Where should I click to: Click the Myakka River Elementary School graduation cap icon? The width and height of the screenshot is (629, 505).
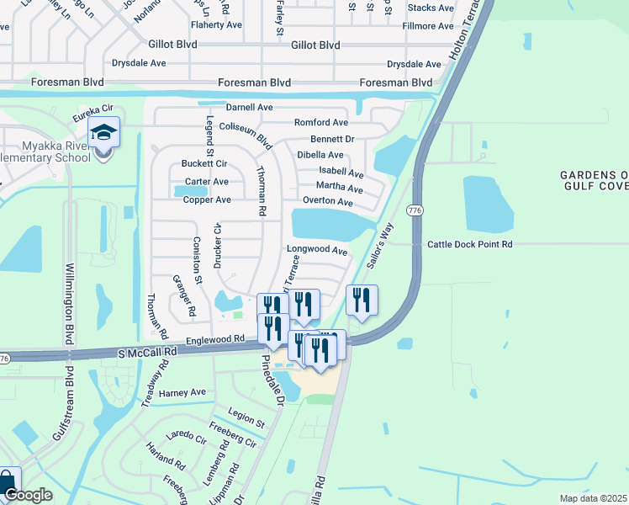103,133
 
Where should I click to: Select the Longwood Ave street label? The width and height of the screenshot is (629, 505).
317,250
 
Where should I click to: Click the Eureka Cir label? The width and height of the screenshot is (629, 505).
92,110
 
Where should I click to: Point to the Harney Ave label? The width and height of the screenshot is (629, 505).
182,392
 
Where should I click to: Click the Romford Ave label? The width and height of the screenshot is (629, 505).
320,123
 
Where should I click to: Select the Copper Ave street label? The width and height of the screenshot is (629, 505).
207,200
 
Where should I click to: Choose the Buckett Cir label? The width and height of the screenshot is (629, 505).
204,163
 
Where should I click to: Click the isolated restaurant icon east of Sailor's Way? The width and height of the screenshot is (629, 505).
362,300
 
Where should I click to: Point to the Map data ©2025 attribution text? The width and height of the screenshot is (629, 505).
592,498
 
